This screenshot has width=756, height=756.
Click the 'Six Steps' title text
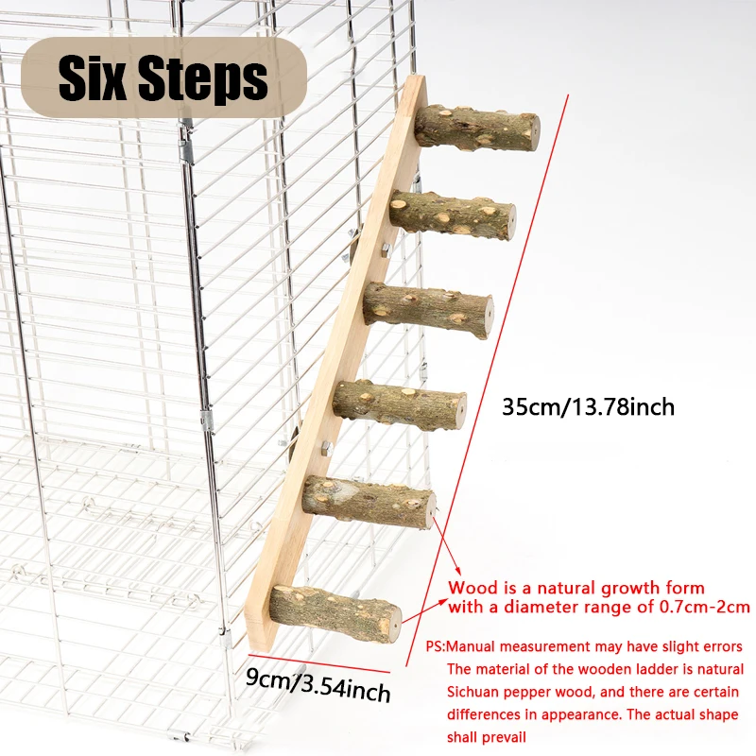pos(163,77)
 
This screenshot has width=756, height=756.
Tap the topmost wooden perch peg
pos(477,129)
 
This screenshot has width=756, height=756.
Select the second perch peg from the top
pos(453,215)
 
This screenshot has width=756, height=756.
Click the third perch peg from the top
pos(428,310)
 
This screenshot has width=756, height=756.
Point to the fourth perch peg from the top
pos(400,405)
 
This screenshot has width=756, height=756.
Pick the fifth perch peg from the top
pos(369,502)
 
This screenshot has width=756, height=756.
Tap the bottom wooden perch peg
pos(335,613)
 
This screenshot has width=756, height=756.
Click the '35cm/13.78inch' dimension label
pos(588,407)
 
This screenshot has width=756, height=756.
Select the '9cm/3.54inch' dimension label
pos(318,684)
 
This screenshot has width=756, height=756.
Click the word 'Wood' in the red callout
pos(472,588)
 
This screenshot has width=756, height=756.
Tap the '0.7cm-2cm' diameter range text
pos(704,607)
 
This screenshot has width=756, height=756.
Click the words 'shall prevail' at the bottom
pos(486,737)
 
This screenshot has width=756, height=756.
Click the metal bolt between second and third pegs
pos(386,249)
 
